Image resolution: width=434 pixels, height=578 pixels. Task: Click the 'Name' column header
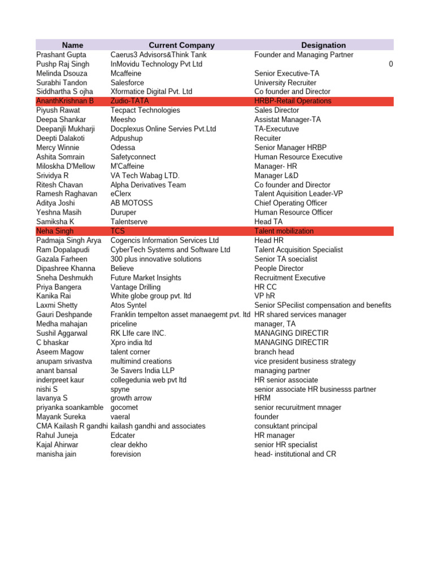click(72, 45)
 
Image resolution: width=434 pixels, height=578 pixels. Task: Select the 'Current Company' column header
click(181, 45)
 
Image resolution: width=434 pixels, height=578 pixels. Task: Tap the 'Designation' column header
click(323, 45)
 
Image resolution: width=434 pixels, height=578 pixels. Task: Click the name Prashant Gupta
click(61, 55)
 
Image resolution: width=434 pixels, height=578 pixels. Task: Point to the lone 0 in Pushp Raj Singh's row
click(391, 64)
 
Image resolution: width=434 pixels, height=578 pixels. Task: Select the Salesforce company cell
click(127, 82)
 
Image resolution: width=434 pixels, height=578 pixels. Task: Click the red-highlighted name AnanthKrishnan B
click(65, 101)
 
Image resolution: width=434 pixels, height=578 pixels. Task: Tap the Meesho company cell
click(123, 120)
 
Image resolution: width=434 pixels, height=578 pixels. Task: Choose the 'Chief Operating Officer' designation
click(290, 203)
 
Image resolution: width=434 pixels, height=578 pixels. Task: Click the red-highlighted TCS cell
click(118, 231)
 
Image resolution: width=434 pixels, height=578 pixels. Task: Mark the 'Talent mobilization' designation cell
click(284, 231)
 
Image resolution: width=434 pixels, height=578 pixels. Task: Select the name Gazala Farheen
click(62, 259)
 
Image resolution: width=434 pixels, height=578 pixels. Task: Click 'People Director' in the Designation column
click(279, 269)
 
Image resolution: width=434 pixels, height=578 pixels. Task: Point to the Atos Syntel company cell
click(128, 305)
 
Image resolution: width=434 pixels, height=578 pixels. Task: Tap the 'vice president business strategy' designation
click(305, 361)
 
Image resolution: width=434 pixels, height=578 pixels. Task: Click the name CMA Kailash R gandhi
click(72, 426)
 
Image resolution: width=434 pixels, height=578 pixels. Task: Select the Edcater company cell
click(123, 436)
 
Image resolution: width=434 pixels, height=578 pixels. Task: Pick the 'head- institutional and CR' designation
click(295, 454)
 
